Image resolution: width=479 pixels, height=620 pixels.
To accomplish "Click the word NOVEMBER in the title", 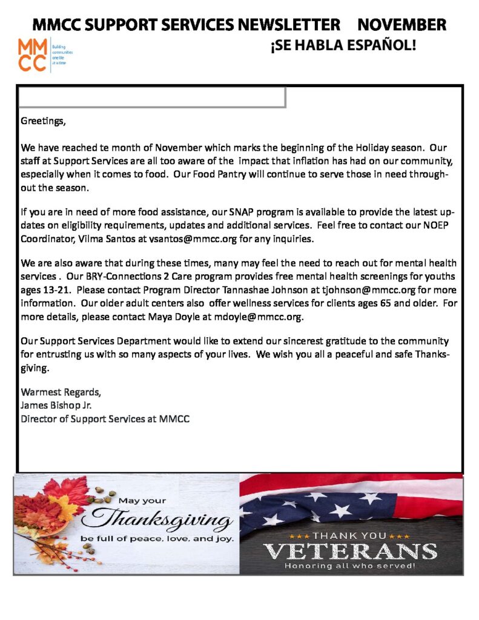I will click(401, 25).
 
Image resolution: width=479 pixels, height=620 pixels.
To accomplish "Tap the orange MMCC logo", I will click(32, 55).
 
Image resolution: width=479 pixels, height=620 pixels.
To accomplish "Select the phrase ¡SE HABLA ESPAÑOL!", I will click(343, 45).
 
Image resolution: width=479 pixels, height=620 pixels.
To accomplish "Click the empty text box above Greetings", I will click(151, 97).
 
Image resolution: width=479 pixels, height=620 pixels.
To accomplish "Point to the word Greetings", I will click(42, 121).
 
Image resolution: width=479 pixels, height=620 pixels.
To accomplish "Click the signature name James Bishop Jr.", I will click(56, 406).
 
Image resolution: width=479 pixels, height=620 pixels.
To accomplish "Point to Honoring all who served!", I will click(351, 566).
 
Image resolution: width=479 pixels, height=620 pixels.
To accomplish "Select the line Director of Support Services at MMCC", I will click(105, 418).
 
